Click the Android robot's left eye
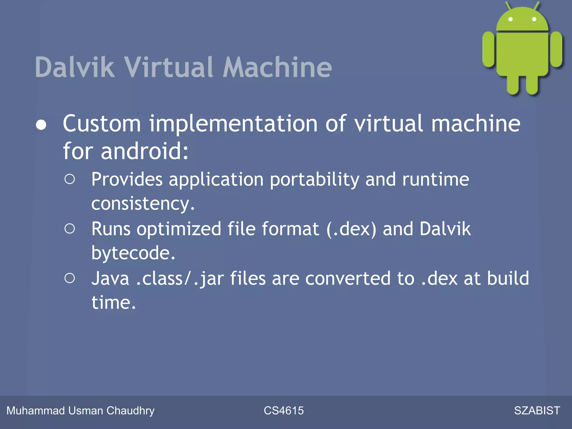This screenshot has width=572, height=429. point(511,19)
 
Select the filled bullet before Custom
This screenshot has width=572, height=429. point(41,125)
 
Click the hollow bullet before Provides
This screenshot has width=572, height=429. point(70,179)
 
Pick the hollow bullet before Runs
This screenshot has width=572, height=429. point(70,229)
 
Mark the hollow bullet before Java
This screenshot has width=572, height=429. point(70,278)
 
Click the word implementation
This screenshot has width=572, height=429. point(233,124)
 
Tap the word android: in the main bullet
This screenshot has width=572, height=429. point(145,151)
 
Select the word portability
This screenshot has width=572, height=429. point(314,180)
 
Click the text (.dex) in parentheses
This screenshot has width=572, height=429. point(351,229)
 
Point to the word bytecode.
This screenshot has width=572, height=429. point(133,253)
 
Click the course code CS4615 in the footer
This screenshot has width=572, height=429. point(283,411)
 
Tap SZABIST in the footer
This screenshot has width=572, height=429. point(537,411)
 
